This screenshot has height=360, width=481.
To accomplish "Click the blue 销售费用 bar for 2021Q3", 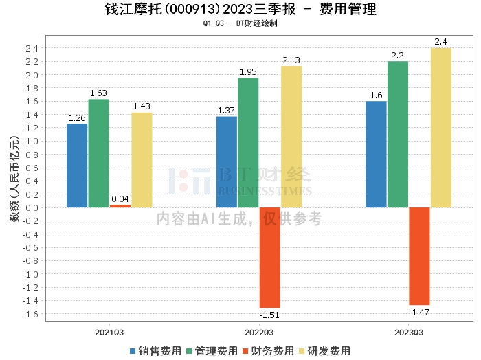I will click(77, 166).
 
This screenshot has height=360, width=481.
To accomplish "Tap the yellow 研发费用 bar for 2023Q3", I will click(440, 128).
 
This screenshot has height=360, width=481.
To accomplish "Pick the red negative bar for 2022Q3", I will click(269, 258).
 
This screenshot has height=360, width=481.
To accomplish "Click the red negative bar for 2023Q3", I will click(419, 256).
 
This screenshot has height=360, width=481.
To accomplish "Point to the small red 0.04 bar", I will click(120, 206).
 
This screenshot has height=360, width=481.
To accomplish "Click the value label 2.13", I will click(291, 60).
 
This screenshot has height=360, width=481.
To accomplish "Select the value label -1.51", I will click(269, 315).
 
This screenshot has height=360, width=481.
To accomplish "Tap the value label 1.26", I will click(77, 118).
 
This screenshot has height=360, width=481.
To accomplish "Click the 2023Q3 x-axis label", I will click(408, 333).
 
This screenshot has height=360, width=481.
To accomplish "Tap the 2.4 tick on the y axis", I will click(32, 48).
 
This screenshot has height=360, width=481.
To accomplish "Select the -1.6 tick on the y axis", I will click(30, 314).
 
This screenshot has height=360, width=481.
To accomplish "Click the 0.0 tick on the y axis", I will click(32, 207).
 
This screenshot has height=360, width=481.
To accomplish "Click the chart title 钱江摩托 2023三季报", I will click(240, 10).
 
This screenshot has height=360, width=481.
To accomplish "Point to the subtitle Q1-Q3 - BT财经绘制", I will click(240, 23).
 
